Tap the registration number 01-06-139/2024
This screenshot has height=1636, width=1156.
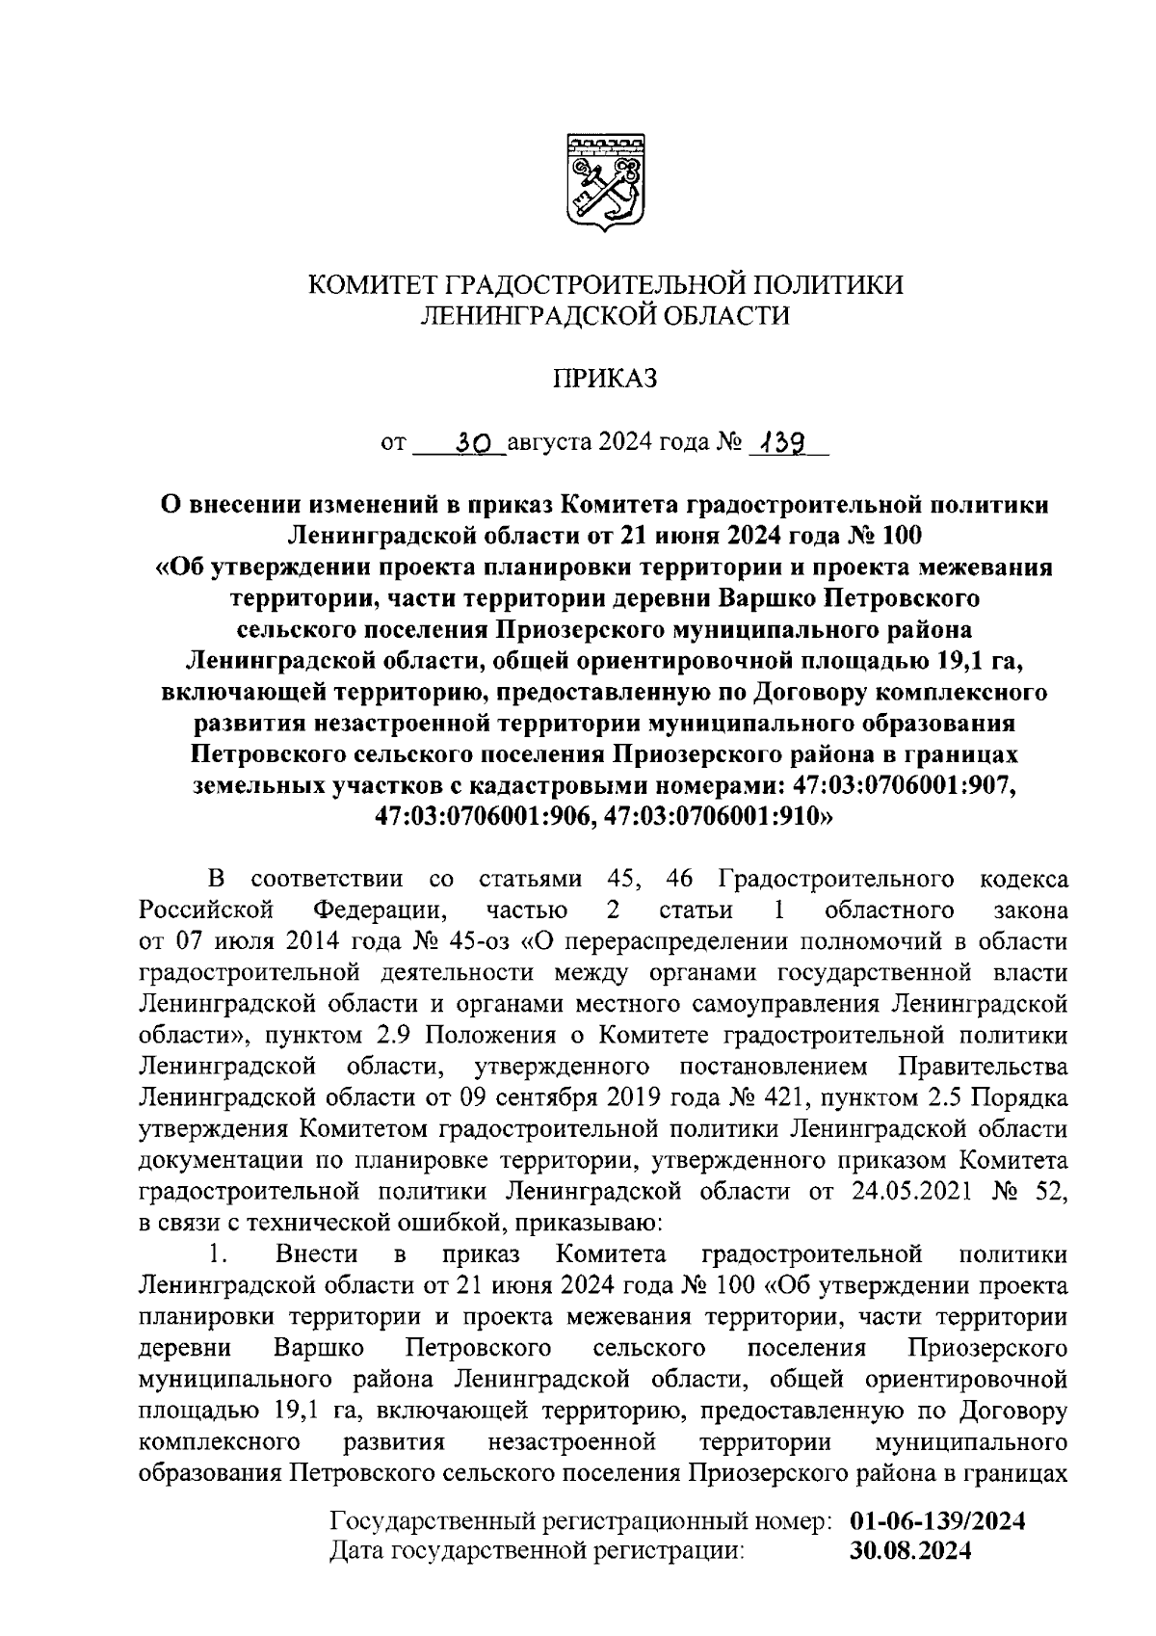tap(937, 1522)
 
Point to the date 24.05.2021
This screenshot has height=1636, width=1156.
tap(908, 1192)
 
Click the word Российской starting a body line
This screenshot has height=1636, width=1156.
tap(207, 910)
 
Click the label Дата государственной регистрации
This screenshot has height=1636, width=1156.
tap(538, 1551)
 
